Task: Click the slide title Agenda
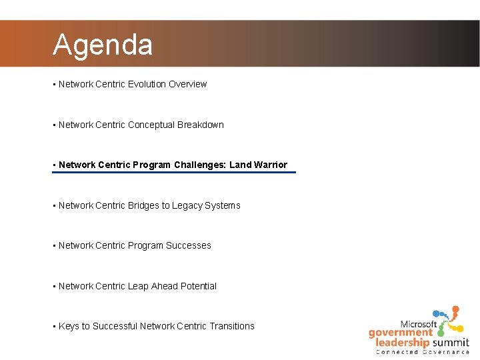(103, 45)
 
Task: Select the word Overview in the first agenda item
(187, 84)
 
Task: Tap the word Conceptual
(151, 125)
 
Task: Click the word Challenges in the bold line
(198, 165)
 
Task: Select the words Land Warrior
(258, 165)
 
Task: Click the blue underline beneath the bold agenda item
(173, 173)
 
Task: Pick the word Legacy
(187, 205)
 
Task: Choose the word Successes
(188, 245)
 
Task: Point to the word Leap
(138, 286)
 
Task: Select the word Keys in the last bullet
(69, 326)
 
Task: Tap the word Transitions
(232, 326)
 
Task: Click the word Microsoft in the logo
(418, 324)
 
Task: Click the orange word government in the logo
(401, 333)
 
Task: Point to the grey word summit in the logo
(449, 343)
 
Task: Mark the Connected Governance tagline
(423, 352)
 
